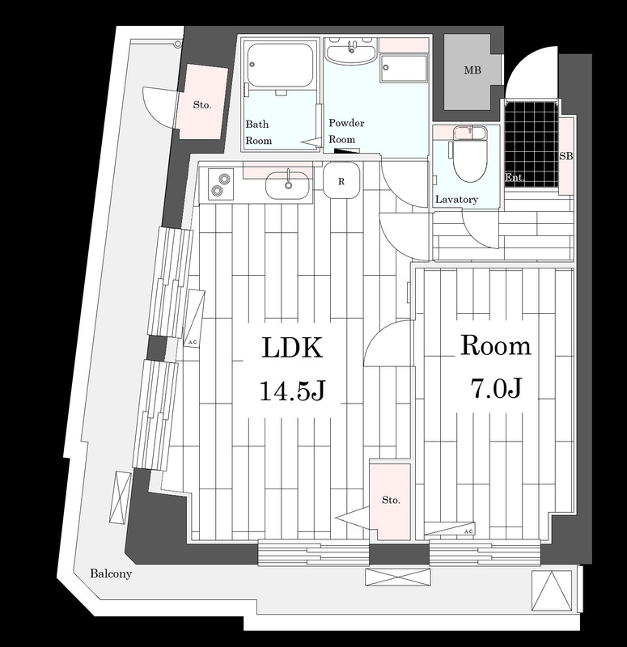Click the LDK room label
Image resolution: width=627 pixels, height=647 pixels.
tap(292, 348)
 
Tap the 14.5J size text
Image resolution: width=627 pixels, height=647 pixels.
tap(292, 391)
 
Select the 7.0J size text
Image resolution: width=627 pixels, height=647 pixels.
tap(496, 388)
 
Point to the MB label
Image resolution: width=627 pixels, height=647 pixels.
tap(472, 70)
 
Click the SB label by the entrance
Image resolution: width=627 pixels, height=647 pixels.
tap(566, 156)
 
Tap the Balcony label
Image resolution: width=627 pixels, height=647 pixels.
tap(111, 573)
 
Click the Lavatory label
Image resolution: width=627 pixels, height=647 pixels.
tap(456, 200)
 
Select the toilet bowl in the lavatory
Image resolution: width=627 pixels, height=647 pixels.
tap(469, 154)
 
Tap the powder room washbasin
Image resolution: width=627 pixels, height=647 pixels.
tap(350, 50)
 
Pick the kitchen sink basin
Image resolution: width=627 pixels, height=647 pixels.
tap(287, 186)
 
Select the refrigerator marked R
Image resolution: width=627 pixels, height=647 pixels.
tap(341, 180)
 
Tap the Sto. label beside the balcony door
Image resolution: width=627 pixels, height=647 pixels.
tap(201, 105)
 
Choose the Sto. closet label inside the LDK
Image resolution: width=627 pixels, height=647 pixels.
tap(391, 501)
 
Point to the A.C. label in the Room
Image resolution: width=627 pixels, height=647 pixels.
tap(469, 531)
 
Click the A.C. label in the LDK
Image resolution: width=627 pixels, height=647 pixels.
tap(193, 342)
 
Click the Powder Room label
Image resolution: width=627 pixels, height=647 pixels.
tap(346, 131)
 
